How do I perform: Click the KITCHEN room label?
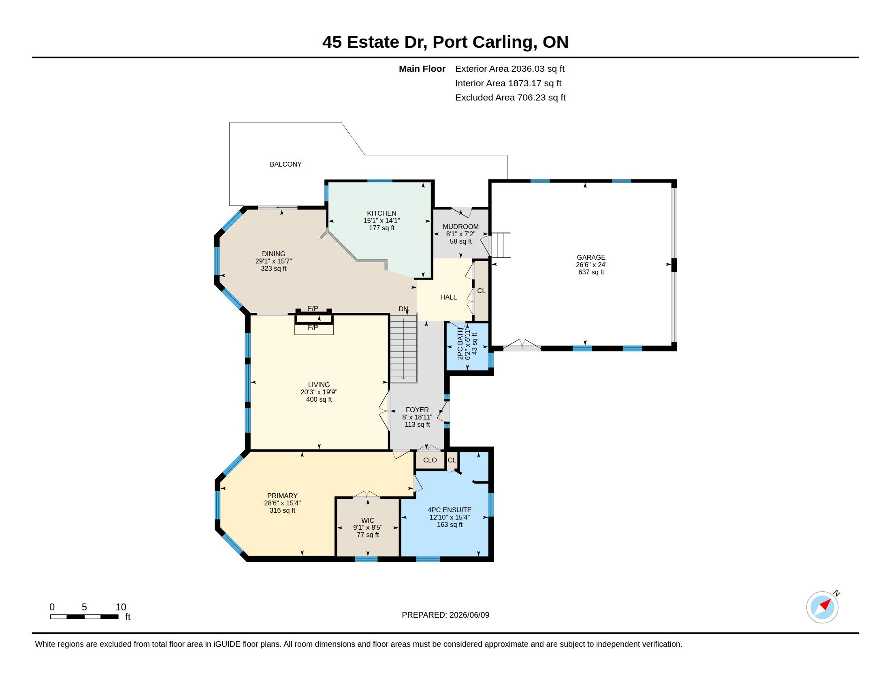[x=382, y=213]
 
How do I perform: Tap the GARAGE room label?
[x=591, y=257]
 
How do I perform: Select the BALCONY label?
[x=286, y=164]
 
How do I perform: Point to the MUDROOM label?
[x=460, y=227]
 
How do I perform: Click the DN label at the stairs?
[x=403, y=309]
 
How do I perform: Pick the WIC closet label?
[x=368, y=520]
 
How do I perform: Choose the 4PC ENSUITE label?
[x=450, y=510]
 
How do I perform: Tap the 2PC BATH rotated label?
[x=460, y=344]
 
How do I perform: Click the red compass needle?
[x=825, y=604]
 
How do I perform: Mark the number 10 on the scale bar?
[x=121, y=607]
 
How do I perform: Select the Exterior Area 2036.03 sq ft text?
[x=510, y=68]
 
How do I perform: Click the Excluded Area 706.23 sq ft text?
[x=510, y=98]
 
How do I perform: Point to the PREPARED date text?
[x=446, y=615]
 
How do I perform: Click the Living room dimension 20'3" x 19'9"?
[x=319, y=392]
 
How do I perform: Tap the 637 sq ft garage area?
[x=591, y=272]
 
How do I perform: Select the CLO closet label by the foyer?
[x=430, y=460]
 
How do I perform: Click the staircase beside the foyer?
[x=403, y=348]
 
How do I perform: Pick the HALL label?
[x=448, y=297]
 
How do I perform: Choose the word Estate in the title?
[x=373, y=42]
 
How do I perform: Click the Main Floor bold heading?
[x=422, y=68]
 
